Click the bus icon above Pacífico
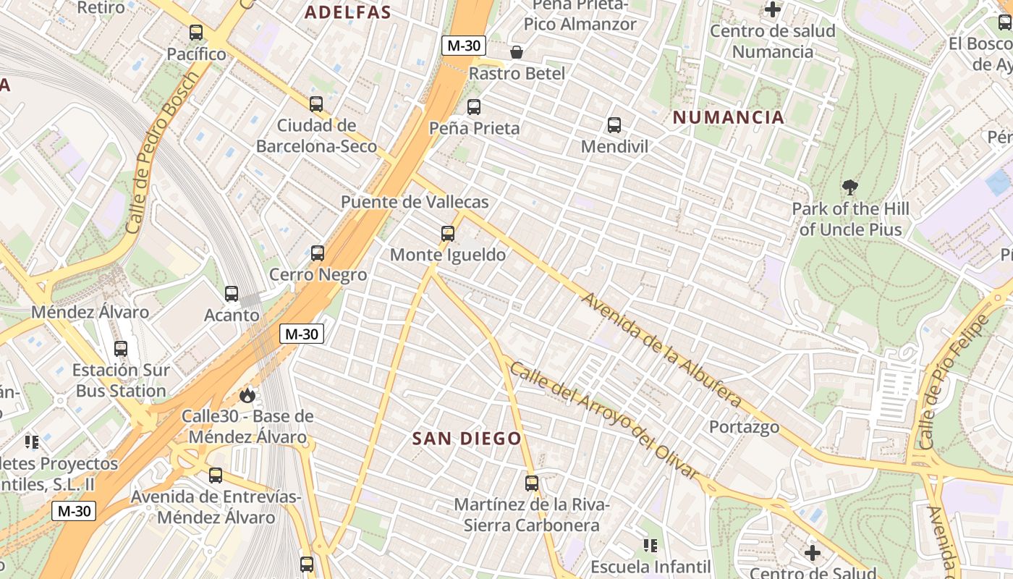click(195, 33)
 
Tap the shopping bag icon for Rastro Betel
click(517, 52)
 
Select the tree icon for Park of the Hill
click(850, 187)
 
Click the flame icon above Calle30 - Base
click(247, 395)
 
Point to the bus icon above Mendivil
click(614, 125)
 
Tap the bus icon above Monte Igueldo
click(448, 234)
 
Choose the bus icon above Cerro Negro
click(318, 253)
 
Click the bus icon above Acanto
click(232, 294)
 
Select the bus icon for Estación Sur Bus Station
click(121, 349)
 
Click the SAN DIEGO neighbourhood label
click(467, 439)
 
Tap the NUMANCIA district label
click(729, 117)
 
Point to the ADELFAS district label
click(348, 12)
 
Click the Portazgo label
click(744, 427)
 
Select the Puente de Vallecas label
click(415, 202)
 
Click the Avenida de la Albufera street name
click(662, 350)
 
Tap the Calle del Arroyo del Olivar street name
click(605, 420)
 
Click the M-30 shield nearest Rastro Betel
click(464, 46)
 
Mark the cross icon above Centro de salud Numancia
click(773, 10)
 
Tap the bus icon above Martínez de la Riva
click(532, 483)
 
